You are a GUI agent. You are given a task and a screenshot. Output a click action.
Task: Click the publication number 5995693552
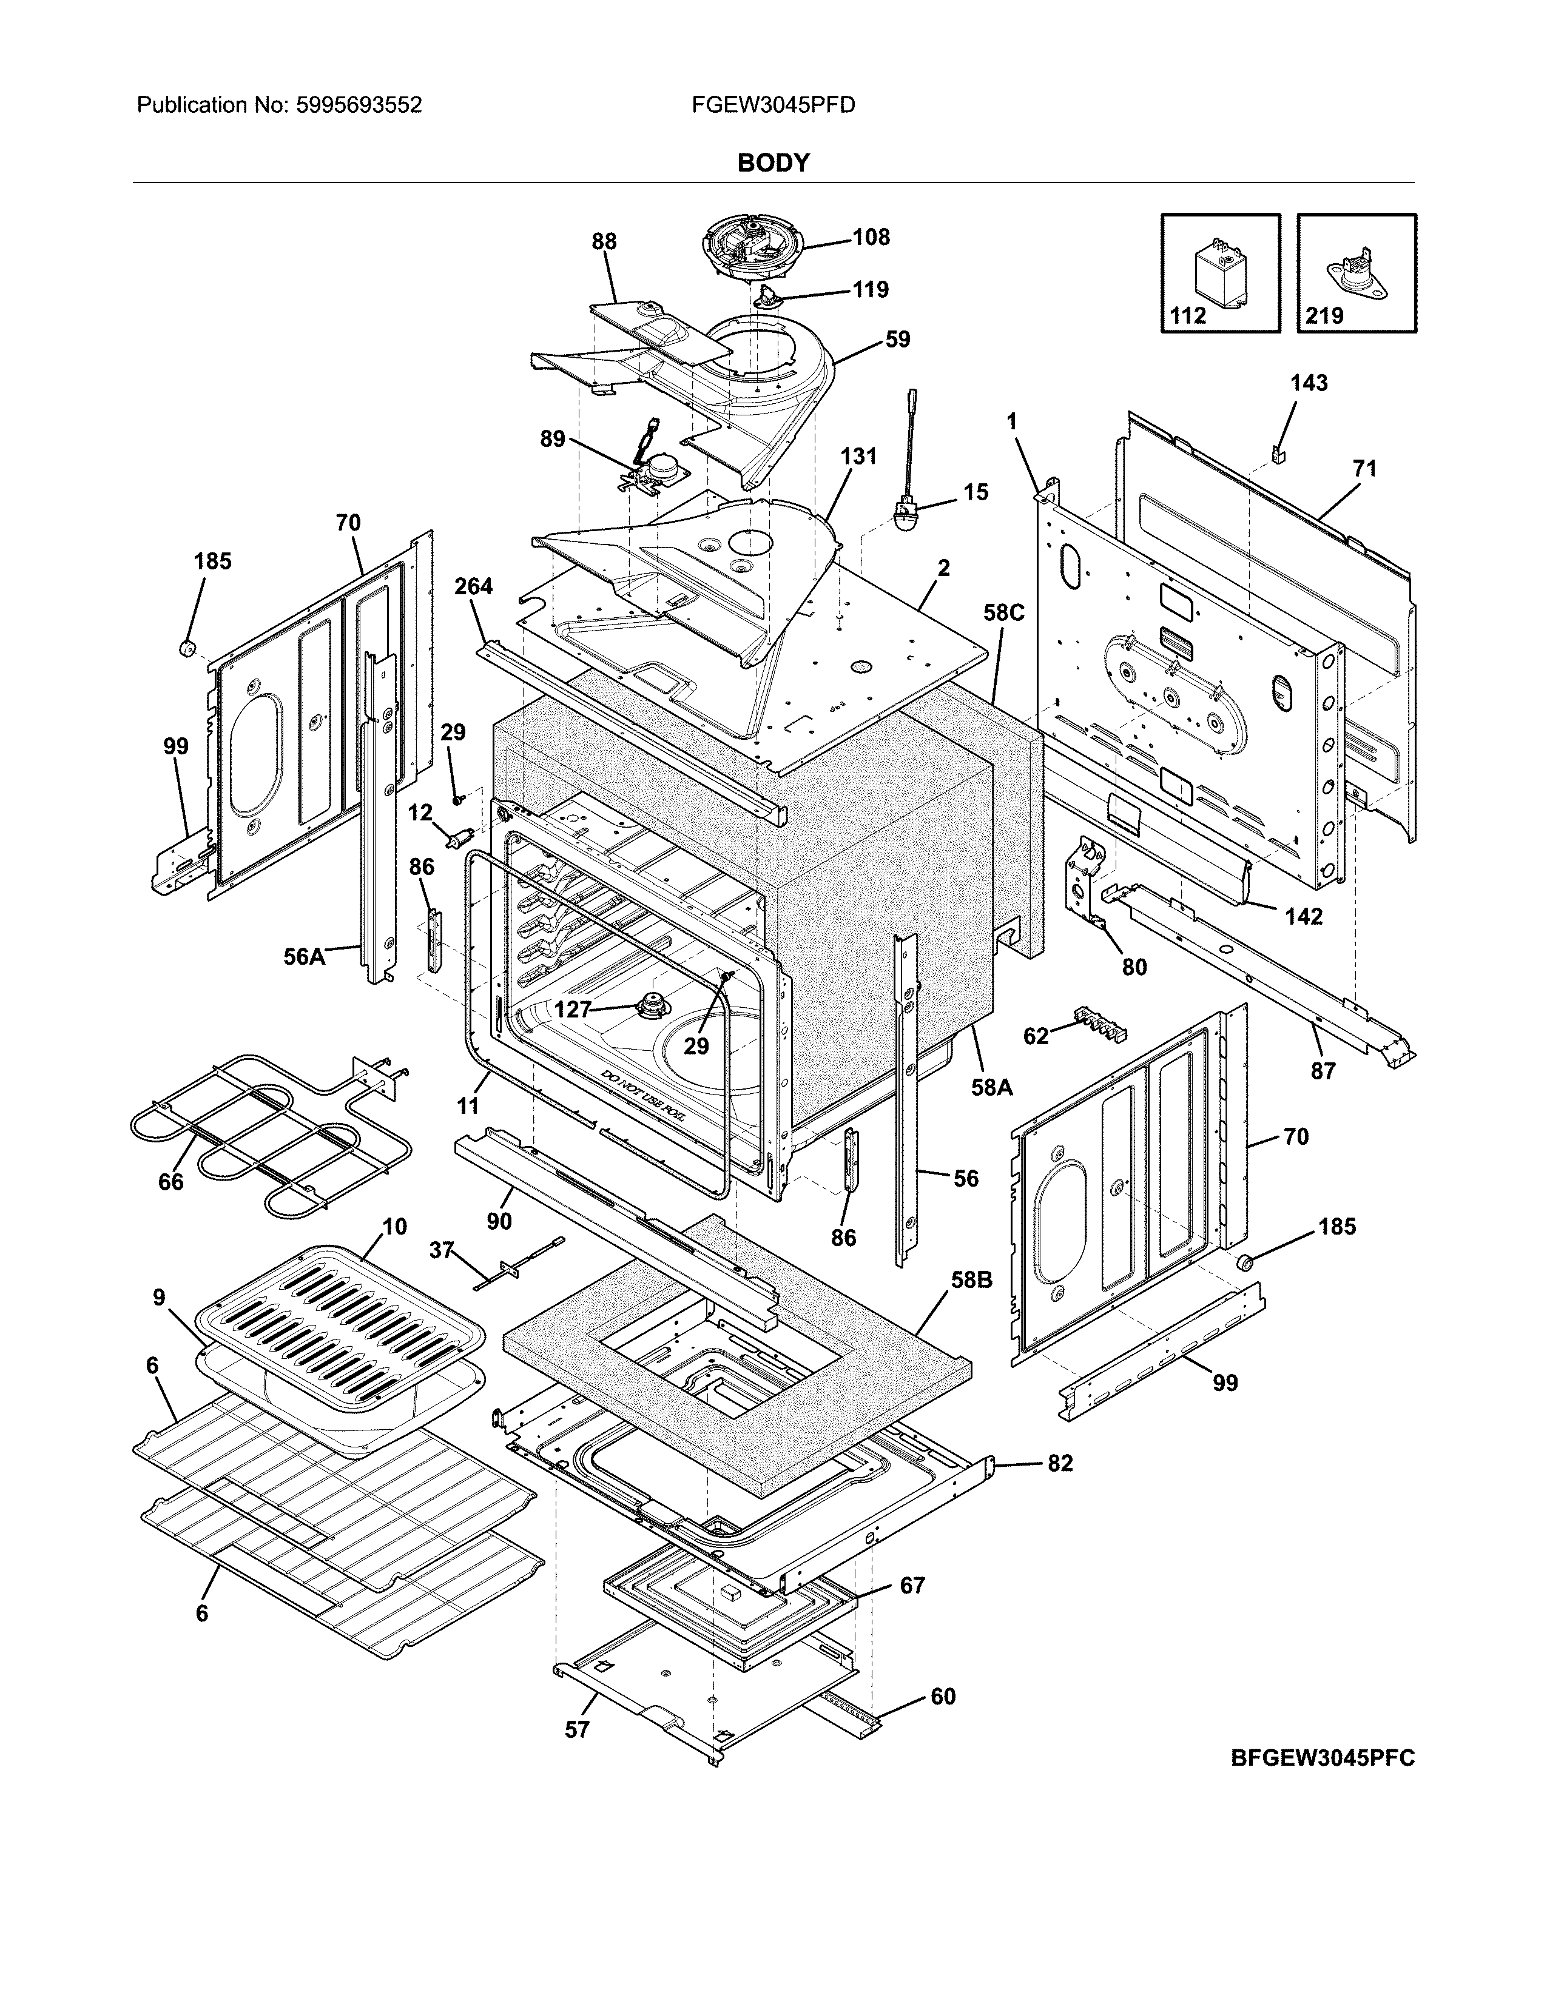pos(359,106)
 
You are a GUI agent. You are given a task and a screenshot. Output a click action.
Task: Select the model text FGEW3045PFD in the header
pos(773,106)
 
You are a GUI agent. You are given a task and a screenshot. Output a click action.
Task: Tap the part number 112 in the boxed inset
pos(1188,316)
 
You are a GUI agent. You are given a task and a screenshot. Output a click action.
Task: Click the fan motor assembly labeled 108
pos(752,249)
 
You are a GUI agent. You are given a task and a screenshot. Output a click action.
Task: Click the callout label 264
pos(474,586)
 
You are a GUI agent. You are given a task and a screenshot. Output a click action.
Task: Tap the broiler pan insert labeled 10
pos(339,1324)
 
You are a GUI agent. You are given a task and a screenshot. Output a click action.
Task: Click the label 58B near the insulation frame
pos(971,1280)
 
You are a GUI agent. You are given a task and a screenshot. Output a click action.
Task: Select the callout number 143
pos(1309,383)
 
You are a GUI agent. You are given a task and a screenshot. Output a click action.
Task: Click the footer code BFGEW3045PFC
pos(1323,1758)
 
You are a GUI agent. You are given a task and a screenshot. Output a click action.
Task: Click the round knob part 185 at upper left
pos(188,648)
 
